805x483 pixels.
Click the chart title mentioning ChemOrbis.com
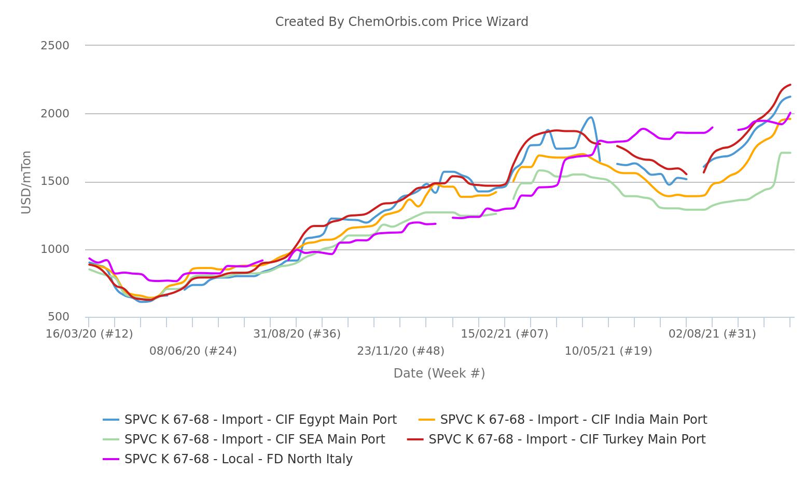401,22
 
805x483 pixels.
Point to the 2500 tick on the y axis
55,46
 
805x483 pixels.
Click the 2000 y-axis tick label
55,114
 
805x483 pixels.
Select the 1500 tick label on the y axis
55,182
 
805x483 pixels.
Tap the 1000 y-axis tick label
55,249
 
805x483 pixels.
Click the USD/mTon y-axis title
26,182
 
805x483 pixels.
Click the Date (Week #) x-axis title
439,373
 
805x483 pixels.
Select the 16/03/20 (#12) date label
89,334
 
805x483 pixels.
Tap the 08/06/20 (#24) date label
193,351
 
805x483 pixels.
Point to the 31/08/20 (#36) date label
297,334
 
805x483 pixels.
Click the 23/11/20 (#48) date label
400,351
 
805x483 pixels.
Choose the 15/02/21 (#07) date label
504,334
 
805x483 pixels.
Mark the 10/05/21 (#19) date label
608,351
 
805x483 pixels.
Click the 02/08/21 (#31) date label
712,334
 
